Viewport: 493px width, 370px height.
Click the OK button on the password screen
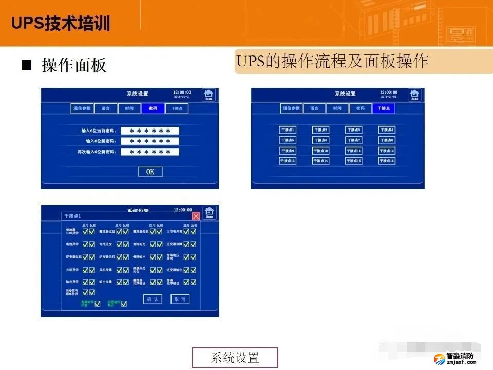click(x=150, y=172)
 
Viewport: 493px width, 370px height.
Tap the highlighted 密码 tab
click(x=153, y=108)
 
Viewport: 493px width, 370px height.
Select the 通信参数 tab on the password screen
click(x=82, y=108)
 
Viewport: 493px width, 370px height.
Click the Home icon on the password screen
click(x=208, y=95)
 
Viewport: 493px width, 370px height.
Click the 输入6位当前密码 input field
click(x=150, y=131)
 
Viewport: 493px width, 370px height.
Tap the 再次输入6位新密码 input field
click(x=150, y=152)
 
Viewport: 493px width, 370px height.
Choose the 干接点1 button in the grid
click(x=288, y=130)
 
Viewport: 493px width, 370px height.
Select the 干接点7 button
click(x=353, y=140)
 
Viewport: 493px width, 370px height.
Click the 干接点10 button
click(x=320, y=151)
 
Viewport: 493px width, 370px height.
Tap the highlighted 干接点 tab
click(x=384, y=108)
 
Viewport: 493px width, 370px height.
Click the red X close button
click(x=196, y=216)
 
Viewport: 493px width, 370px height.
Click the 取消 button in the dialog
click(x=180, y=299)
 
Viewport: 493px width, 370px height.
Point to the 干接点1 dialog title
click(x=73, y=216)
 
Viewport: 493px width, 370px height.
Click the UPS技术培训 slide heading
click(x=61, y=24)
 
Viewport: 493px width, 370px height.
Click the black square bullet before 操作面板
click(x=26, y=66)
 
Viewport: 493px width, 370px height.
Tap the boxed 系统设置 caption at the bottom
click(x=235, y=357)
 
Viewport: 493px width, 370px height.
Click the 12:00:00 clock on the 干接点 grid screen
click(x=389, y=92)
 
